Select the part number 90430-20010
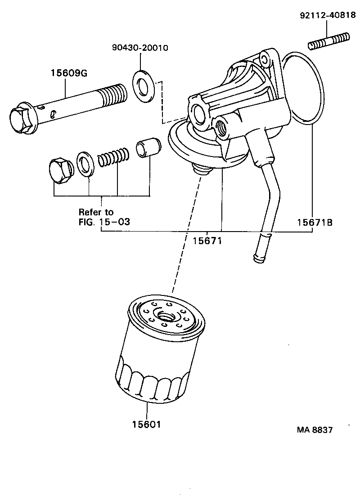(140, 48)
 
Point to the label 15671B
(315, 222)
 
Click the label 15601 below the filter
(147, 424)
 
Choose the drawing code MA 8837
(315, 430)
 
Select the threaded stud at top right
(329, 41)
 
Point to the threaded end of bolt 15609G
(112, 96)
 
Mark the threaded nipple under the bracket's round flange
(201, 170)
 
